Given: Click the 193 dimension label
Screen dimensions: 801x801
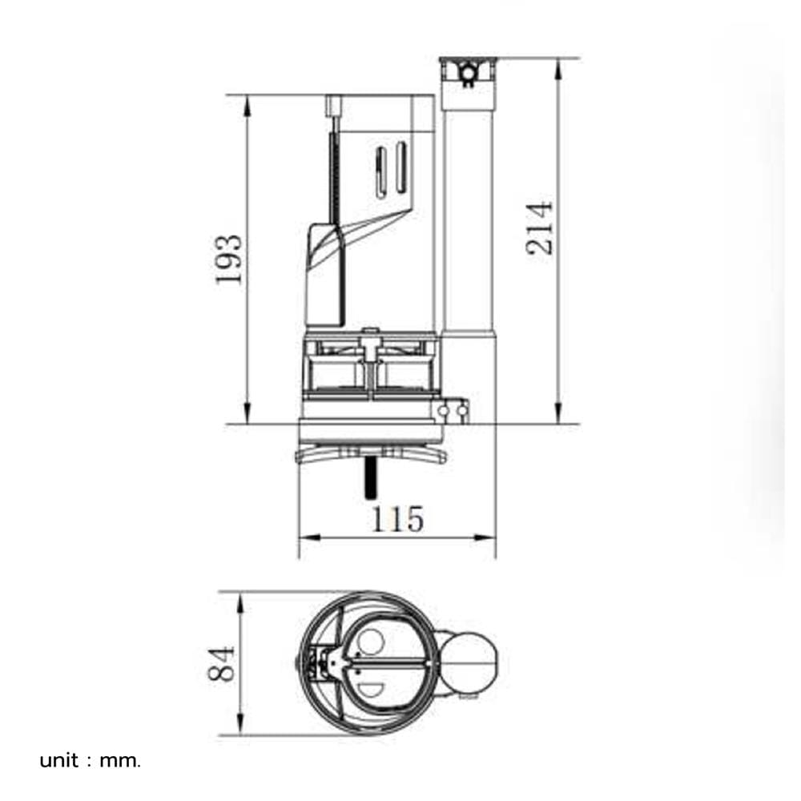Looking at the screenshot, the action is (228, 259).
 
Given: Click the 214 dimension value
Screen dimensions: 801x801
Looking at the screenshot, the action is (539, 228).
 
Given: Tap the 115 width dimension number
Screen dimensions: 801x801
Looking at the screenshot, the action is (397, 519).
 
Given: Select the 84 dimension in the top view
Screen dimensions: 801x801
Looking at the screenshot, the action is (222, 663).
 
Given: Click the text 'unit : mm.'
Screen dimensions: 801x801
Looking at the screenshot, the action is (90, 761).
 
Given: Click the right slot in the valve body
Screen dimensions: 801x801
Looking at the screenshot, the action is (401, 167).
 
